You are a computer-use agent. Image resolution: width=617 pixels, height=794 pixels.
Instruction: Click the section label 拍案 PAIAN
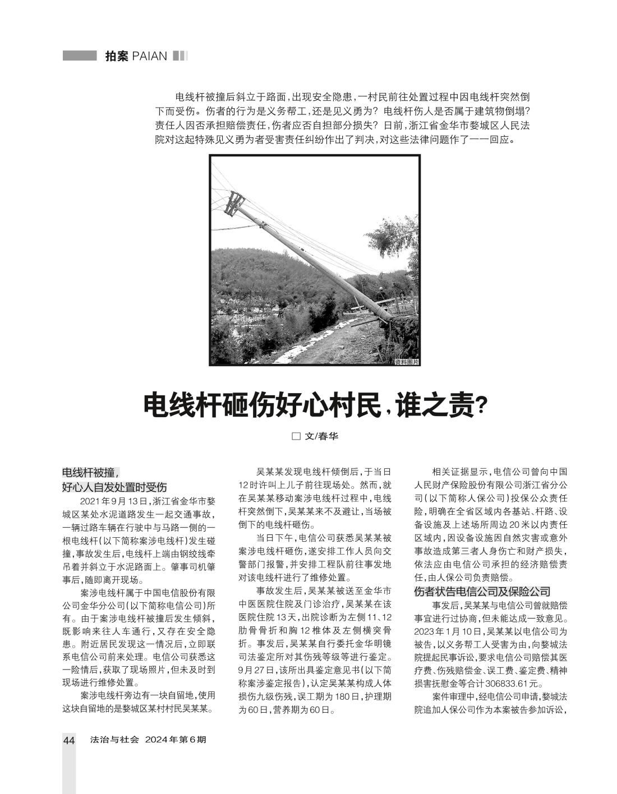point(136,56)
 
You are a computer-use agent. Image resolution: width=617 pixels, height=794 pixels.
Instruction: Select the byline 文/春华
point(321,436)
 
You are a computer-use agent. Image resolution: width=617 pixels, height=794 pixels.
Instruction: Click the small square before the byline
point(296,436)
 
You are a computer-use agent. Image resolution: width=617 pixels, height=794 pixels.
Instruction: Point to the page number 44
point(68,740)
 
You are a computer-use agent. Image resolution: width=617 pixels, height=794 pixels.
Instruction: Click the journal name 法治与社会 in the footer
point(114,740)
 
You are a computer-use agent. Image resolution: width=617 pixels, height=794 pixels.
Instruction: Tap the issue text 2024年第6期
point(176,740)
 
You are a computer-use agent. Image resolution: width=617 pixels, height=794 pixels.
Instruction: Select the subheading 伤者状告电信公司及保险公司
point(482,591)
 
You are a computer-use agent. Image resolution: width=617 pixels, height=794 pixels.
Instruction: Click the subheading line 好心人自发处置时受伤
point(114,487)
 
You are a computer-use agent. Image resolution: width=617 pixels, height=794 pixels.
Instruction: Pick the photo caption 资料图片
point(406,362)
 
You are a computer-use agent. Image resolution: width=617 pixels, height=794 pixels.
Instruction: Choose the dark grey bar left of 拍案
point(80,56)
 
